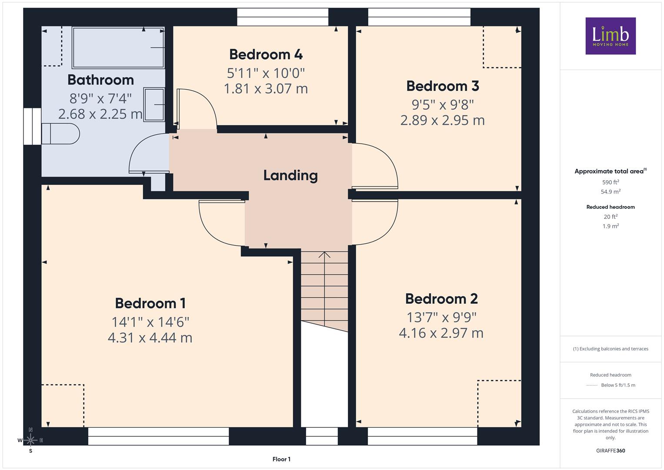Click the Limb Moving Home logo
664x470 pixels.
pos(611,36)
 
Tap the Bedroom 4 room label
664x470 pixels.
pos(266,54)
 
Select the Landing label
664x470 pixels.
pos(290,175)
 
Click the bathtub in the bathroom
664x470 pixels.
pos(118,48)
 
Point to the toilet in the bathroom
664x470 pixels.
pos(60,134)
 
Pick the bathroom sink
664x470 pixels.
pos(154,104)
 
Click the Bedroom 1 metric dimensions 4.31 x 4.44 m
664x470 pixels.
pos(150,338)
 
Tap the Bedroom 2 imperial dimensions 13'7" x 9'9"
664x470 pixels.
pos(441,318)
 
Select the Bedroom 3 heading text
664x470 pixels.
pos(443,86)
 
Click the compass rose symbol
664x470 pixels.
pos(30,440)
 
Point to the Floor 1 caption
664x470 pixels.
pos(281,459)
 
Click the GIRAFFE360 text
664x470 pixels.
pos(611,450)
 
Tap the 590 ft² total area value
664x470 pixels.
pos(611,182)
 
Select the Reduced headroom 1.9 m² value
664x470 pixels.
pos(611,226)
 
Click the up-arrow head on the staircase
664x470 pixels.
pos(324,255)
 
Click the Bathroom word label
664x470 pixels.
pos(100,80)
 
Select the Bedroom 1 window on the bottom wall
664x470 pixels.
pos(159,436)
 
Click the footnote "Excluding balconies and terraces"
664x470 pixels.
pos(611,349)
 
